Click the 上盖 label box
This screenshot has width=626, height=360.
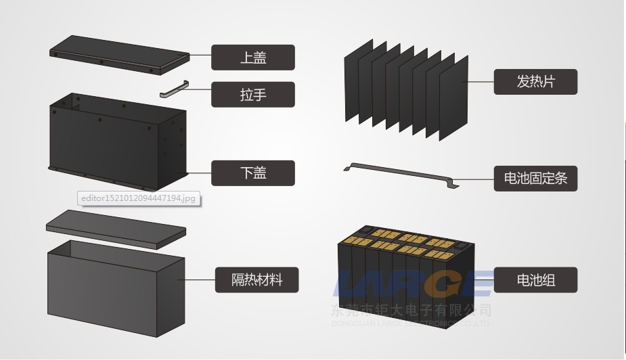253,58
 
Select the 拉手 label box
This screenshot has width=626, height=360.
253,95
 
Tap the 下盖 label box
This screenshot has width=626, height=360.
253,173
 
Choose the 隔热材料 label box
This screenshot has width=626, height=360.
256,279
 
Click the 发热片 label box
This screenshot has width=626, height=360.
535,82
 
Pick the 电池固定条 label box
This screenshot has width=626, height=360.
535,179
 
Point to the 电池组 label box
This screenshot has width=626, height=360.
535,279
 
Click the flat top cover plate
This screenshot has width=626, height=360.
118,55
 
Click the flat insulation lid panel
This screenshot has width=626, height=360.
115,227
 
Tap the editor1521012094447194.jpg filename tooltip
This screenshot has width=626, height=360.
138,198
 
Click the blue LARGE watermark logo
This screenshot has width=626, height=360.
413,284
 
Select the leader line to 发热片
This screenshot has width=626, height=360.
480,82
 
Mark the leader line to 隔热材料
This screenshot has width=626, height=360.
196,279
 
